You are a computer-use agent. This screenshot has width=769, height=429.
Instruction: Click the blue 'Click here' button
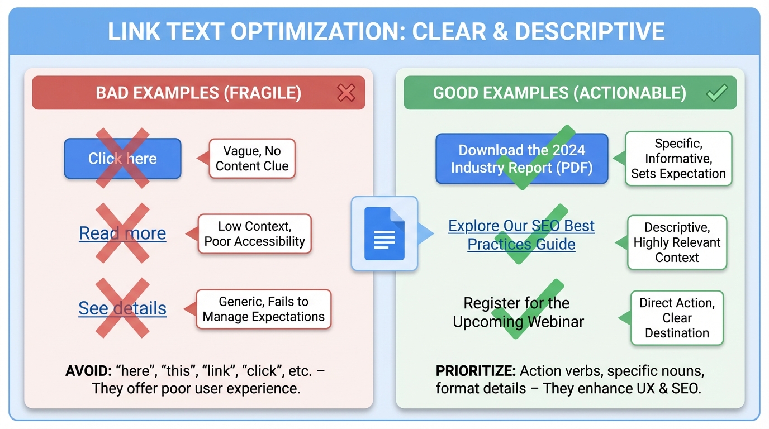122,159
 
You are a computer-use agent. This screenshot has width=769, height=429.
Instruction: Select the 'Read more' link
122,233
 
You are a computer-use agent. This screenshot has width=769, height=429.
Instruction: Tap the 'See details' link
122,308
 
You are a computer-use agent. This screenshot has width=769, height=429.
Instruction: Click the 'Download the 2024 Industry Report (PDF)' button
521,159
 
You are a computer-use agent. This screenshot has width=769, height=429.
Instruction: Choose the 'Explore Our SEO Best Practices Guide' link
521,235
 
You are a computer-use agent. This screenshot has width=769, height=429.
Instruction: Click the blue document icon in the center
384,233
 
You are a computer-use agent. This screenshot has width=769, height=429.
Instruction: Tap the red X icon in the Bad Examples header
346,93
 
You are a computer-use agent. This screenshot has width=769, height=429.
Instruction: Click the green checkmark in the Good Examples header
716,93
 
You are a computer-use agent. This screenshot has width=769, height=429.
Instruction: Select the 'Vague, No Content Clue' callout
252,159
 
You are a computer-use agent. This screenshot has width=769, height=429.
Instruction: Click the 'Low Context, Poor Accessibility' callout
254,233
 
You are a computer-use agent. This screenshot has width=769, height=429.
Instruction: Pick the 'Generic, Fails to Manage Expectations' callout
263,309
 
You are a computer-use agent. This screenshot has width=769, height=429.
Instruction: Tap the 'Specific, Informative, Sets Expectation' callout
678,159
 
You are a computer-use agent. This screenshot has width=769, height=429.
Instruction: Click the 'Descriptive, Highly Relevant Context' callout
677,242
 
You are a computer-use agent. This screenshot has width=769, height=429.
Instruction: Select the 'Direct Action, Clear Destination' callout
677,318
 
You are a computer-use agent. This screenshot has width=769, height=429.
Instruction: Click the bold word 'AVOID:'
88,371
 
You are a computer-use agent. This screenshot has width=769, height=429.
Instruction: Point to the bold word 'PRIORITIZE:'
476,371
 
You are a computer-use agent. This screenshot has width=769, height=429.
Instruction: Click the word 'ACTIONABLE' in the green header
632,93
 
